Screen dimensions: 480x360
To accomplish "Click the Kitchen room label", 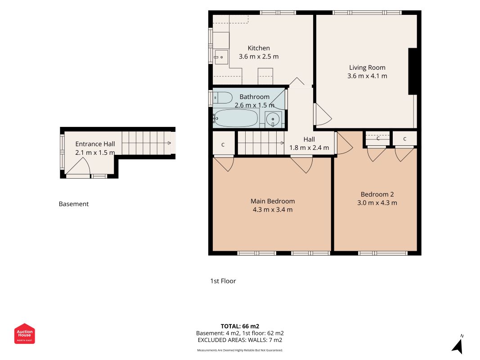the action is [259, 48].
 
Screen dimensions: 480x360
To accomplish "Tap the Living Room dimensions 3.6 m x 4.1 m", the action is [367, 76].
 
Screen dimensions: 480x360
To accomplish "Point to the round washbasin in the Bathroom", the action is [273, 119].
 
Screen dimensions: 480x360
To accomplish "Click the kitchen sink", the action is [221, 57].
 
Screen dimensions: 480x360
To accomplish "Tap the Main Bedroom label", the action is [273, 201].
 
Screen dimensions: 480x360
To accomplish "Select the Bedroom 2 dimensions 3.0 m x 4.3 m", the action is [377, 202].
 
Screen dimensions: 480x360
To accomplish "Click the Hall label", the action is [309, 139].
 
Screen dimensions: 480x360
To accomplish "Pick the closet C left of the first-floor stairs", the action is [223, 144].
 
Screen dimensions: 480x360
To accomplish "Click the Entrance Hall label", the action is [95, 144].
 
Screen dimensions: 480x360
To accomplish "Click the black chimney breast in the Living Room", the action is [413, 72].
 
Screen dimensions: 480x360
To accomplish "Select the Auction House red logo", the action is [24, 333].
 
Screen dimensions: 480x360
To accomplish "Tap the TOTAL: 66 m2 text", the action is [240, 326].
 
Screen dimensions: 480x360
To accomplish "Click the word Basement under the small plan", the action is [74, 204].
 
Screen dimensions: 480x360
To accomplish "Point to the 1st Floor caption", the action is [223, 281].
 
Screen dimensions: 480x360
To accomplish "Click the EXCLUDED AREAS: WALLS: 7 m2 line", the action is [240, 340].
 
